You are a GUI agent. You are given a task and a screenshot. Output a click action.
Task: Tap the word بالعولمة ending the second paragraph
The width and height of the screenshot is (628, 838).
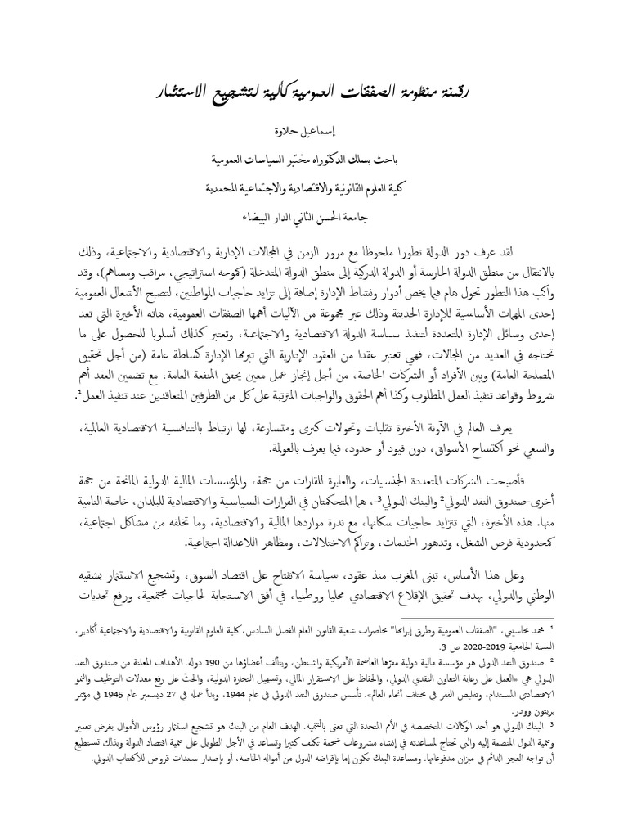tap(290, 450)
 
